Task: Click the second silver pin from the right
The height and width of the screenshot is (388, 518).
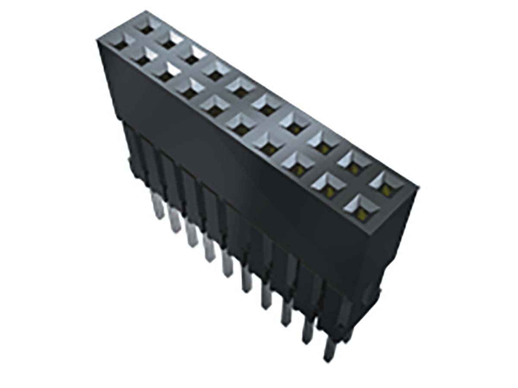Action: click(x=307, y=330)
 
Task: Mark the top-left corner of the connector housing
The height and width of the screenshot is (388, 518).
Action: click(x=98, y=39)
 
